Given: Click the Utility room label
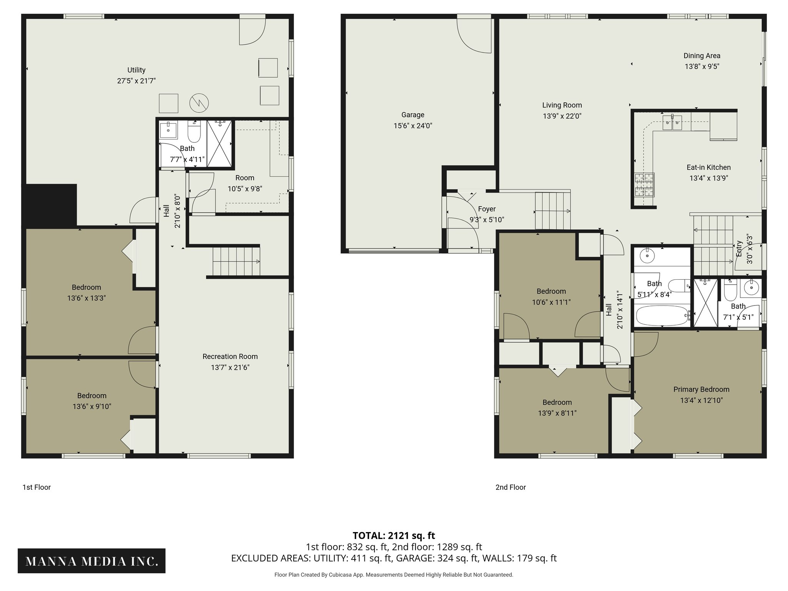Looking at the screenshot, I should [x=136, y=70].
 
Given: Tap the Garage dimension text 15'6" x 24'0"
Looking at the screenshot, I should [x=412, y=126].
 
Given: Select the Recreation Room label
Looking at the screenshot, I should [x=230, y=357].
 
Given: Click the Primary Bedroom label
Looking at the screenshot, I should [x=701, y=389].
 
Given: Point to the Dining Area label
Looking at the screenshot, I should [x=702, y=56].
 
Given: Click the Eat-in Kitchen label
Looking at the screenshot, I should [x=708, y=167].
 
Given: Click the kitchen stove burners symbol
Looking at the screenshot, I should [x=644, y=185].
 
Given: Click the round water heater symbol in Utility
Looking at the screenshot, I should [x=199, y=103].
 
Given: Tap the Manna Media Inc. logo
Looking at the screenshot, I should [x=92, y=561].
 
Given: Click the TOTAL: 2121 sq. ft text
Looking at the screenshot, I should [x=394, y=536].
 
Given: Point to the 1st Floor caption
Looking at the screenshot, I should [x=37, y=487].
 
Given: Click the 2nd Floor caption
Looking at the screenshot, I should [x=510, y=487].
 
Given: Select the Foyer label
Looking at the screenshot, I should [x=486, y=209].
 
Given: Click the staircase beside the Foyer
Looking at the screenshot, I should [x=552, y=211].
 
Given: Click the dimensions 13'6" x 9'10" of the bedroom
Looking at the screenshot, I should [x=92, y=407].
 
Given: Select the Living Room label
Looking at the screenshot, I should [x=562, y=105].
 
